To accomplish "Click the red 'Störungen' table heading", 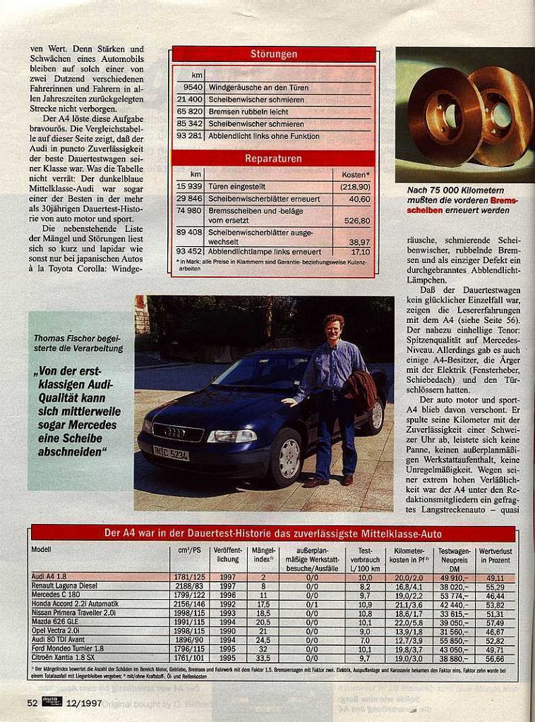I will pyautogui.click(x=274, y=54).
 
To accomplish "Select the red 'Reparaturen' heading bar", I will pyautogui.click(x=274, y=159).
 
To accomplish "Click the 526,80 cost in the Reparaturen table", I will pyautogui.click(x=356, y=221).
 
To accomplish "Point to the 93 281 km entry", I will pyautogui.click(x=190, y=136).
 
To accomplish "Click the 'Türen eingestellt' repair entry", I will pyautogui.click(x=236, y=187).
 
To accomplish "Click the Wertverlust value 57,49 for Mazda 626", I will pyautogui.click(x=495, y=622).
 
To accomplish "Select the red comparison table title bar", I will pyautogui.click(x=273, y=534).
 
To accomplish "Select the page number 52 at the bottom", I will pyautogui.click(x=32, y=702).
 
